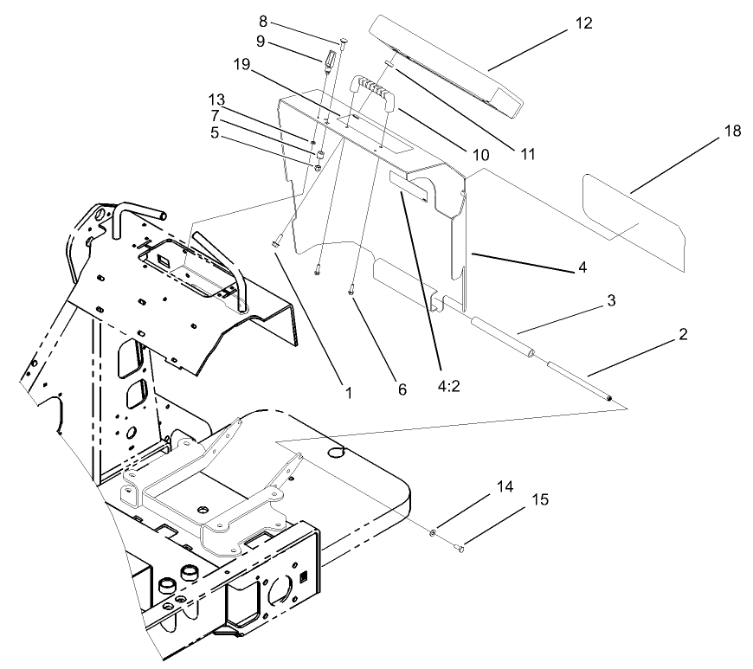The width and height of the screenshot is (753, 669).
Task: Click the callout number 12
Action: point(583,23)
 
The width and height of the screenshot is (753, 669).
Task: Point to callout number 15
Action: point(539,499)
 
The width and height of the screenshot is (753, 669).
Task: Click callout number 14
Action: point(504,487)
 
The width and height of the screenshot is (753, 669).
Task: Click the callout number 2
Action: point(683,334)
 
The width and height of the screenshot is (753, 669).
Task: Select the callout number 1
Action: point(348,392)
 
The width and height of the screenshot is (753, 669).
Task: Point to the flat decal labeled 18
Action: point(632,207)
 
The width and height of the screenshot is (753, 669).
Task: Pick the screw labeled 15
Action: point(459,546)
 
